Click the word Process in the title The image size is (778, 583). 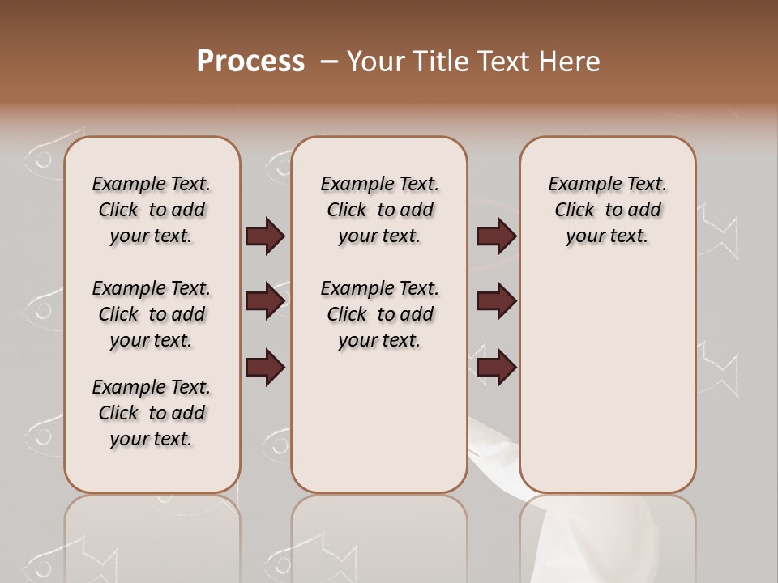coord(250,61)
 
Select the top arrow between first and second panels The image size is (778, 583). coord(265,236)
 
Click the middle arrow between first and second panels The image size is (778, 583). coord(265,302)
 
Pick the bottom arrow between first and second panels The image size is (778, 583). coord(265,367)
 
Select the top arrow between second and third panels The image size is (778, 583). coord(496,236)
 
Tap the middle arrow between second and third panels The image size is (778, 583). coord(496,302)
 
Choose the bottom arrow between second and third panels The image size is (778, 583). coord(496,367)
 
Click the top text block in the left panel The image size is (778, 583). coord(152,210)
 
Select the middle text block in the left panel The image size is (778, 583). coord(152,314)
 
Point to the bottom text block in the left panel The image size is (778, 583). coord(152,413)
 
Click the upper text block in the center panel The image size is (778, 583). coord(379,210)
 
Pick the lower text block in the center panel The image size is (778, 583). coord(379,314)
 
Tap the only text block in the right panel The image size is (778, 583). coord(607,210)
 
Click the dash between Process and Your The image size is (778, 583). coord(328,62)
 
